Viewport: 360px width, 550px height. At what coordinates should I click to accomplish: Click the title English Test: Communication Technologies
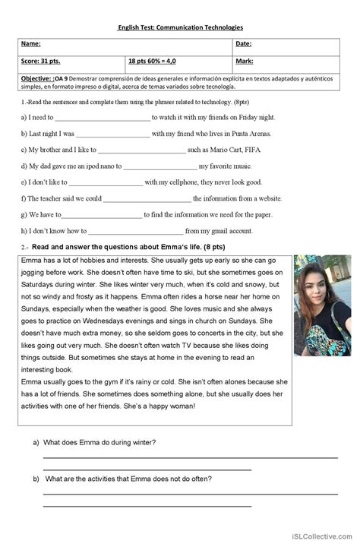(x=180, y=27)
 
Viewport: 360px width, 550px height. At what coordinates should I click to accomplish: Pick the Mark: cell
(x=245, y=61)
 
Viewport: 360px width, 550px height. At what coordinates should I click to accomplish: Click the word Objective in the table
(x=37, y=78)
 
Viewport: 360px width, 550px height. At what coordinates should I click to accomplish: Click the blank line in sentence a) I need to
(x=103, y=119)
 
